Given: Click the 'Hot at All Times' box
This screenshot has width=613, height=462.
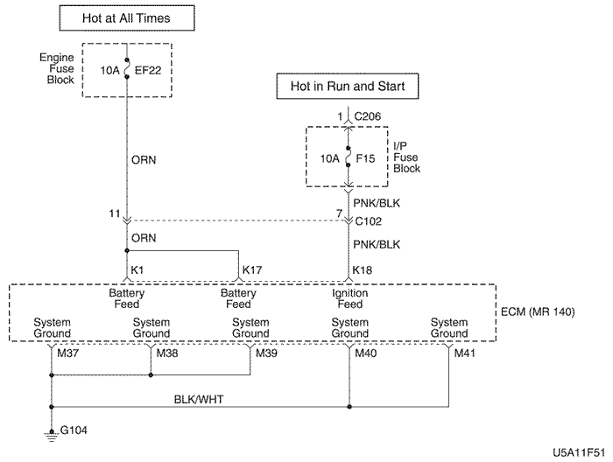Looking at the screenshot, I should [127, 18].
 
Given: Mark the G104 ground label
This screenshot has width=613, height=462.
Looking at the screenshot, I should [74, 430].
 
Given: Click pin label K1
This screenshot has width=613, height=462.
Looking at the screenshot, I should [137, 269].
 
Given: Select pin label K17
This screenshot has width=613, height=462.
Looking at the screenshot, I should [253, 269].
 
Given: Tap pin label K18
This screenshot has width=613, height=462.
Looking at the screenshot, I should [363, 269].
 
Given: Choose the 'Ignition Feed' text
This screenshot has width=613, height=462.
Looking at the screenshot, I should [349, 298].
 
